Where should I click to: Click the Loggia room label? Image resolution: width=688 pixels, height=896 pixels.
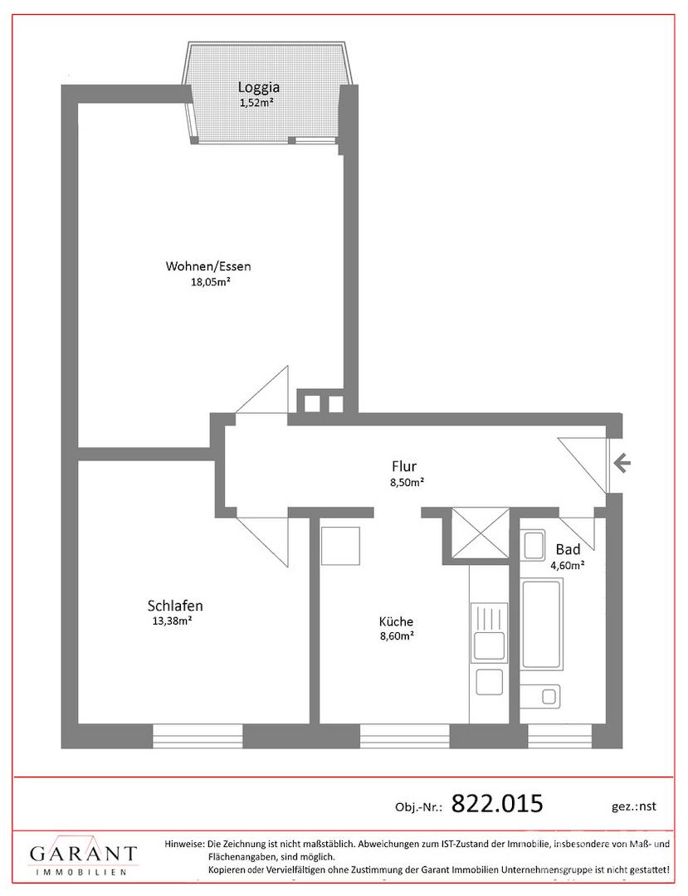[x=259, y=87]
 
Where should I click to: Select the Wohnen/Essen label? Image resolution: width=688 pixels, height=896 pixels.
[x=208, y=265]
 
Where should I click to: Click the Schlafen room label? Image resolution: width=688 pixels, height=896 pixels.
[x=175, y=605]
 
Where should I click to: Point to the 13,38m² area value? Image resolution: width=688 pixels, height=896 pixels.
[x=172, y=621]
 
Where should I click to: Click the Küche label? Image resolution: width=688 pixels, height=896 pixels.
[x=396, y=621]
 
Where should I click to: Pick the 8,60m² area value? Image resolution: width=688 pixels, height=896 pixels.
[x=398, y=635]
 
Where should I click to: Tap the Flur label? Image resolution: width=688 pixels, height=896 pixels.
[x=404, y=465]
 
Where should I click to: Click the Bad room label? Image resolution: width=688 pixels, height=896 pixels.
[x=568, y=549]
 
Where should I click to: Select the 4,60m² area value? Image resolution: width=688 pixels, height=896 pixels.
[x=568, y=566]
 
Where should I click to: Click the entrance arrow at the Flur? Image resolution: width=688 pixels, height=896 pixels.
[x=622, y=462]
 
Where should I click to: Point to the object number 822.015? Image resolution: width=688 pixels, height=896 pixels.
[x=497, y=803]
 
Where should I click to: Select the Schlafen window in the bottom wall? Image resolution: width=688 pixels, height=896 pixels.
[x=198, y=736]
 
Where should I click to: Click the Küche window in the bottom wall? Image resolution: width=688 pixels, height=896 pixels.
[x=405, y=736]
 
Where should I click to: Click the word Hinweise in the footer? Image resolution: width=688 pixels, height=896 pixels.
[x=183, y=844]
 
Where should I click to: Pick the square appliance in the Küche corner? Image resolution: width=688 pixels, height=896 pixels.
[x=340, y=546]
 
